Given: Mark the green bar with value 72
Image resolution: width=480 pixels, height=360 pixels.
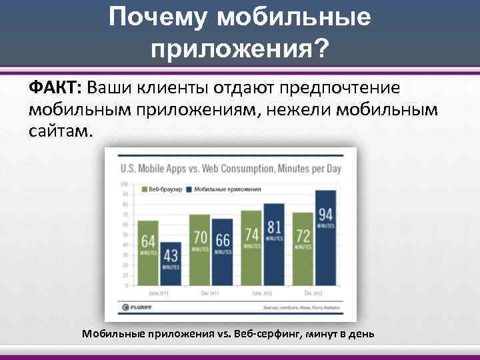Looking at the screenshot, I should pos(303,249).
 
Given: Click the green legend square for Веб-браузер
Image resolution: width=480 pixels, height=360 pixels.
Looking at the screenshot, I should pos(144,189).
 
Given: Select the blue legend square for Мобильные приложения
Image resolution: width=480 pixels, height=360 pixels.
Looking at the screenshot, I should pos(189,189).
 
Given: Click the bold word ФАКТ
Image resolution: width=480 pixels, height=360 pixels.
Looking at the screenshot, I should pos(52,88).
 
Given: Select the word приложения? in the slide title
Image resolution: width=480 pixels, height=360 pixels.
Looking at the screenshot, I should pos(240,48).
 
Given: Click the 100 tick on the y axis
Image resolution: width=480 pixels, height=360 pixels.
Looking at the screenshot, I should pos(124,183).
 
